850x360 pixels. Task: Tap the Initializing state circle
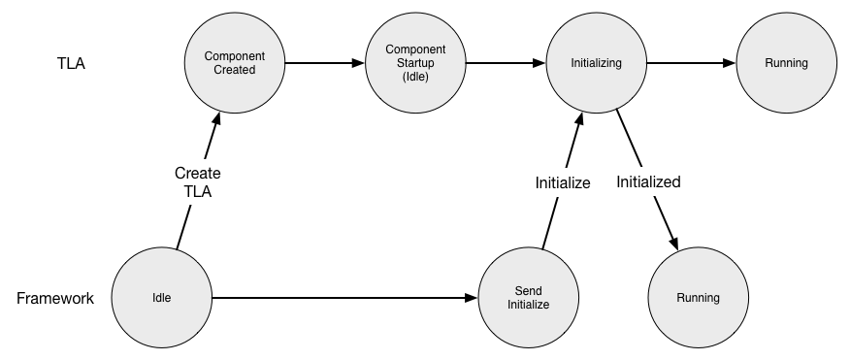tap(596, 63)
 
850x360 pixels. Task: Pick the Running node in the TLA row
tap(785, 63)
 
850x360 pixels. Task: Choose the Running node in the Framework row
tap(698, 298)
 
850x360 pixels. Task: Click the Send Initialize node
tap(528, 298)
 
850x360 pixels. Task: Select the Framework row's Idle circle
tap(162, 298)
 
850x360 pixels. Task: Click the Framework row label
tap(55, 298)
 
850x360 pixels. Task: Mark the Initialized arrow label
tap(648, 181)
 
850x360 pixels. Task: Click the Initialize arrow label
tap(563, 181)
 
